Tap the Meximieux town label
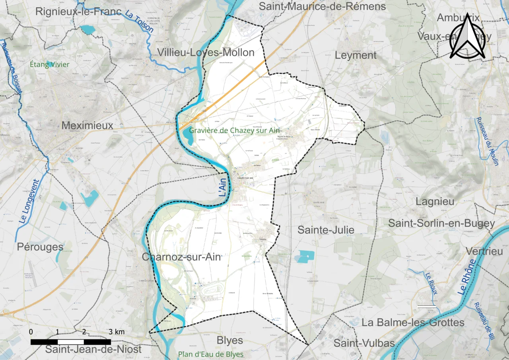(x=87, y=126)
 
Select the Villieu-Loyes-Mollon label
(x=206, y=53)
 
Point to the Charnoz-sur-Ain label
(x=181, y=257)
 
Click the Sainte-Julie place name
(x=326, y=230)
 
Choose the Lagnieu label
(x=435, y=201)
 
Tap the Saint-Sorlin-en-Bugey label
(x=441, y=223)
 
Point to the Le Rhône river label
(x=467, y=277)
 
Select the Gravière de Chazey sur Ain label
(x=235, y=130)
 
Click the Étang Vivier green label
(x=50, y=64)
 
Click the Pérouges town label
(x=40, y=247)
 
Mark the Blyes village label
(x=230, y=341)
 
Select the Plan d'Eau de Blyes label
(x=210, y=354)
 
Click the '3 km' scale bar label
(x=117, y=332)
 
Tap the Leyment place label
(x=356, y=55)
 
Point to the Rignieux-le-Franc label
(x=78, y=12)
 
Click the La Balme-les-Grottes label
(x=412, y=322)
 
